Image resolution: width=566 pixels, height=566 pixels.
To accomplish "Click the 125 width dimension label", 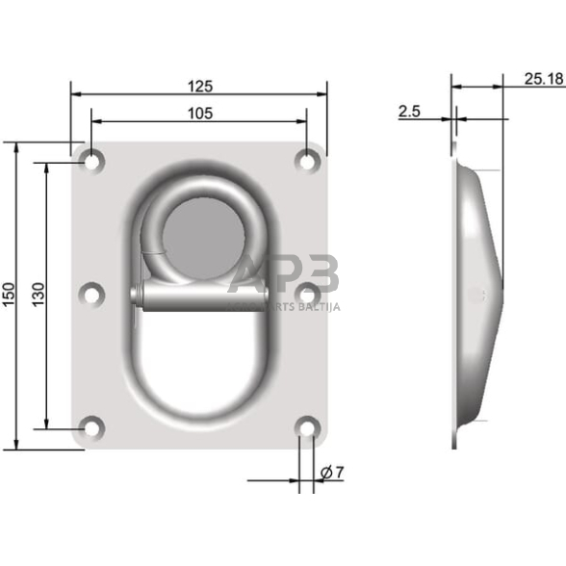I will (198, 86).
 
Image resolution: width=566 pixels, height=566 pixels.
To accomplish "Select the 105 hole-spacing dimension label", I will (198, 113).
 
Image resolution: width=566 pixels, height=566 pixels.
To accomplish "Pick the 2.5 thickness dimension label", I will (409, 112).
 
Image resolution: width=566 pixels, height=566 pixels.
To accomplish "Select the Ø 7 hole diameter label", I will (329, 472).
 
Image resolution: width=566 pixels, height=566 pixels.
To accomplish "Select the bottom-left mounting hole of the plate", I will (91, 426).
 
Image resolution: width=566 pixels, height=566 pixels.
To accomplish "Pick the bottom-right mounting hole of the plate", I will (307, 426).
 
